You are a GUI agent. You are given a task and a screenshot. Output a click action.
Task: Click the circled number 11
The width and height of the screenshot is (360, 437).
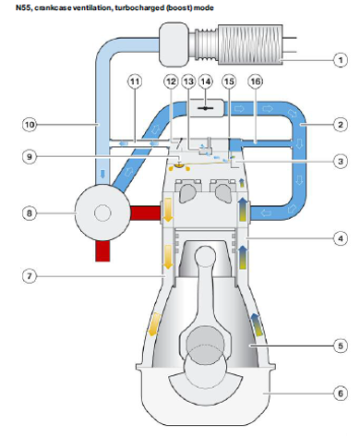(135, 82)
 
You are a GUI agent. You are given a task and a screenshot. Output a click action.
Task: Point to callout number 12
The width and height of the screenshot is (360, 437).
(171, 82)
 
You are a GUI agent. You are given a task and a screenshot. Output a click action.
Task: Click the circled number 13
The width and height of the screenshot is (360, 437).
(188, 82)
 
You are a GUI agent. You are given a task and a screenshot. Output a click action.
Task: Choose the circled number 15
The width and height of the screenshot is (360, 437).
(229, 82)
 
